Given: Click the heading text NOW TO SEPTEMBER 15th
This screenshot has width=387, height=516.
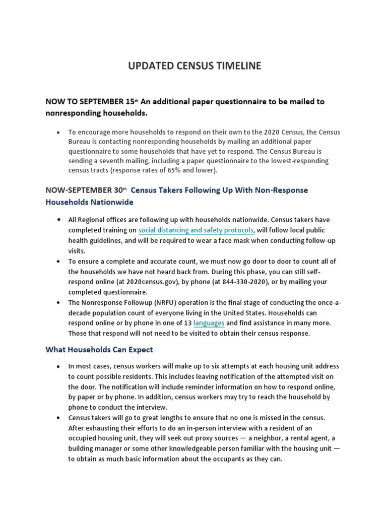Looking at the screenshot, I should [x=91, y=101].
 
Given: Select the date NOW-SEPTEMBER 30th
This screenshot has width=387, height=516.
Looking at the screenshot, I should [x=86, y=190].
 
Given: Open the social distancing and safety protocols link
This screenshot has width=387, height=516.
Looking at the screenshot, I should [x=196, y=230].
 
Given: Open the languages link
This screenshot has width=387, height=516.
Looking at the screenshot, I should [x=209, y=322].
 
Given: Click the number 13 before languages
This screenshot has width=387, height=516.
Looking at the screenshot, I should [x=187, y=322].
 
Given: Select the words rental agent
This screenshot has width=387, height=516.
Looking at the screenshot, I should [x=303, y=438].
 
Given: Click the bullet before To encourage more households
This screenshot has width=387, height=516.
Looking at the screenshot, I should [x=58, y=133].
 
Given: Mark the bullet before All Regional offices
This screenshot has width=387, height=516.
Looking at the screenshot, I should [x=58, y=220].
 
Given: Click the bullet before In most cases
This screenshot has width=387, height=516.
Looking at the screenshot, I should [x=58, y=366].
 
